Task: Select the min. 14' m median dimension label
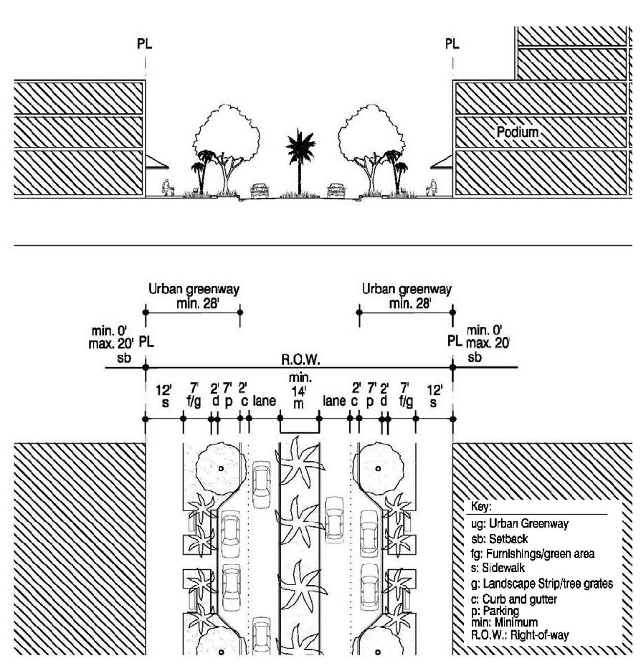299,394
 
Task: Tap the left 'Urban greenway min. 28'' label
193,296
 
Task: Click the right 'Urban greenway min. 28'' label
407,296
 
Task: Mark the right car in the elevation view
335,191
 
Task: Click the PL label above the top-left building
145,44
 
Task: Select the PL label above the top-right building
452,44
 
